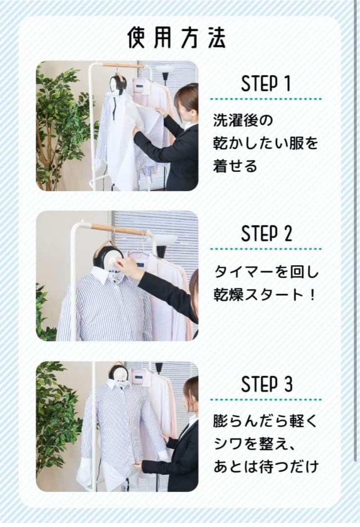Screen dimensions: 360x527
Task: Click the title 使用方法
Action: click(x=176, y=37)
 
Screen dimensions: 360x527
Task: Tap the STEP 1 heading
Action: click(x=265, y=84)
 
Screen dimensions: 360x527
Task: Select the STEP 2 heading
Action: click(x=266, y=234)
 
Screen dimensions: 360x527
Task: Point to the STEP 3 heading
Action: click(x=266, y=384)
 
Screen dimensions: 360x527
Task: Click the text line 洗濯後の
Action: click(x=243, y=121)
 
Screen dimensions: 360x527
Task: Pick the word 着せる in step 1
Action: click(x=235, y=166)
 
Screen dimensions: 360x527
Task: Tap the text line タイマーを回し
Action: click(x=266, y=272)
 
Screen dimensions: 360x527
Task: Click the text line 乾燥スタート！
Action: click(x=265, y=295)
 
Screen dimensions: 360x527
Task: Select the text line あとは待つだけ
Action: click(x=266, y=467)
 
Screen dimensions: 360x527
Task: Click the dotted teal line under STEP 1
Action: click(x=266, y=99)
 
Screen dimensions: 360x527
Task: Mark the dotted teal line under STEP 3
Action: click(x=266, y=400)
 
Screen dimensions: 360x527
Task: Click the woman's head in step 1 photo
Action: click(x=186, y=102)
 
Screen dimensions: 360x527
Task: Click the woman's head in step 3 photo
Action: click(x=191, y=394)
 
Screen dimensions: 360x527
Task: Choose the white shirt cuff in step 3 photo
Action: click(x=162, y=455)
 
